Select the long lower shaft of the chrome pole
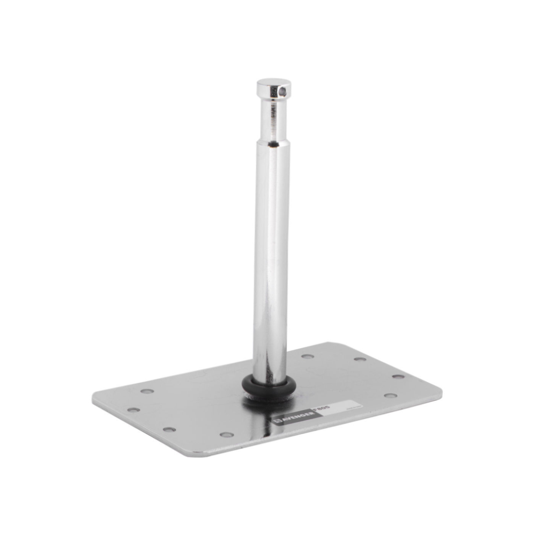270,257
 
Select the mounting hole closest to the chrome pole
307,356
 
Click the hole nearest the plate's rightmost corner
398,376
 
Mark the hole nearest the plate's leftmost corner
133,410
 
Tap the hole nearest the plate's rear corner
359,359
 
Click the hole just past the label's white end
390,396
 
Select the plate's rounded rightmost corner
437,390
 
